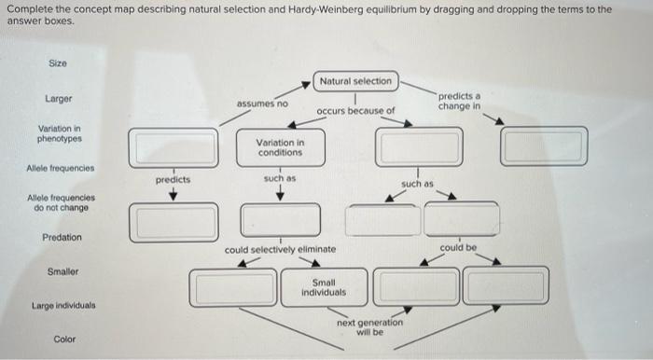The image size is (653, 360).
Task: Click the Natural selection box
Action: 355,81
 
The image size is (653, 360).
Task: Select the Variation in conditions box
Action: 279,146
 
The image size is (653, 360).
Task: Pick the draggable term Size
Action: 58,62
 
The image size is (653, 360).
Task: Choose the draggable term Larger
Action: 59,98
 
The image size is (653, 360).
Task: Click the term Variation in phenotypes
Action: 59,133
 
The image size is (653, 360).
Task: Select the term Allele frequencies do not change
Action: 59,202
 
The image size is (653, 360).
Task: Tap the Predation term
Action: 62,237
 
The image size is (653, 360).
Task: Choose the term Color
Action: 64,339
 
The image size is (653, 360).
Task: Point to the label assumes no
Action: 262,103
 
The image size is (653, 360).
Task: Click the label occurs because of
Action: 355,111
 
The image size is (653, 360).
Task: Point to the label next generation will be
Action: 369,326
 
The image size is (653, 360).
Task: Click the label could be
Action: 458,248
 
